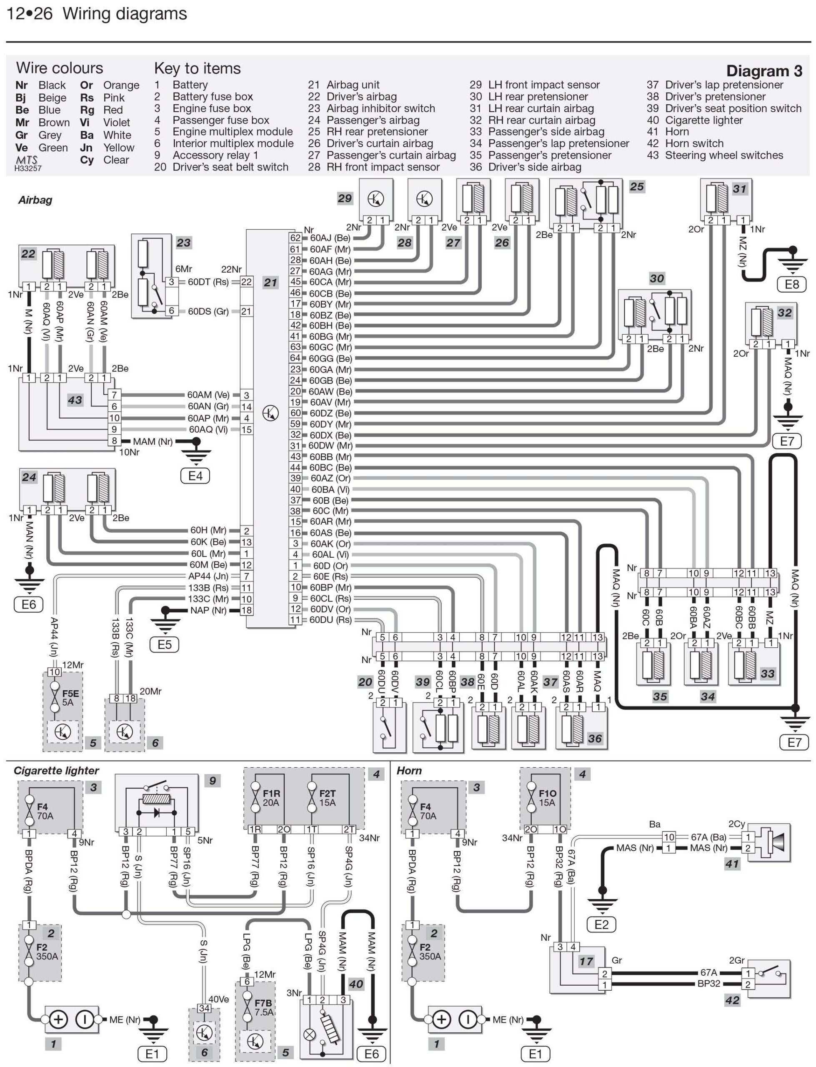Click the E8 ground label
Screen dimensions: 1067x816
pos(792,284)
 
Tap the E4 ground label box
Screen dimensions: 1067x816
pos(195,476)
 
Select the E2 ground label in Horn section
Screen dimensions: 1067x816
pos(601,924)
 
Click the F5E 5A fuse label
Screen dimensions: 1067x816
pos(70,698)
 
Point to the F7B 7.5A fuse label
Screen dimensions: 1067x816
pos(263,1007)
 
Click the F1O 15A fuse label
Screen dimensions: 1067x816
pos(547,798)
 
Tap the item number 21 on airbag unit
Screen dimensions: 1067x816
pos(270,283)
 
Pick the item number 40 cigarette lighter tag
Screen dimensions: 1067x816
pos(356,984)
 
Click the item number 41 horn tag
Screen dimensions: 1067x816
pos(732,864)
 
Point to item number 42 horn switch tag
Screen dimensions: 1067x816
pos(732,1000)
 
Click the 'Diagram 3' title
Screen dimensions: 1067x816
pos(763,71)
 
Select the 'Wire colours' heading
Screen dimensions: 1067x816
pos(59,68)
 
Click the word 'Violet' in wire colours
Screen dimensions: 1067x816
pos(117,123)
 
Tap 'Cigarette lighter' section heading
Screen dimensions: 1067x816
pos(56,770)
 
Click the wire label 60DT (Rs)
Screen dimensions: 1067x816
pos(208,282)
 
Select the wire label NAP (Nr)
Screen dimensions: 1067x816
pos(208,610)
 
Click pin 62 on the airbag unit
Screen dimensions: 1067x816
pos(295,238)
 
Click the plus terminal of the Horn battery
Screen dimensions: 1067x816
pos(441,1019)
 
